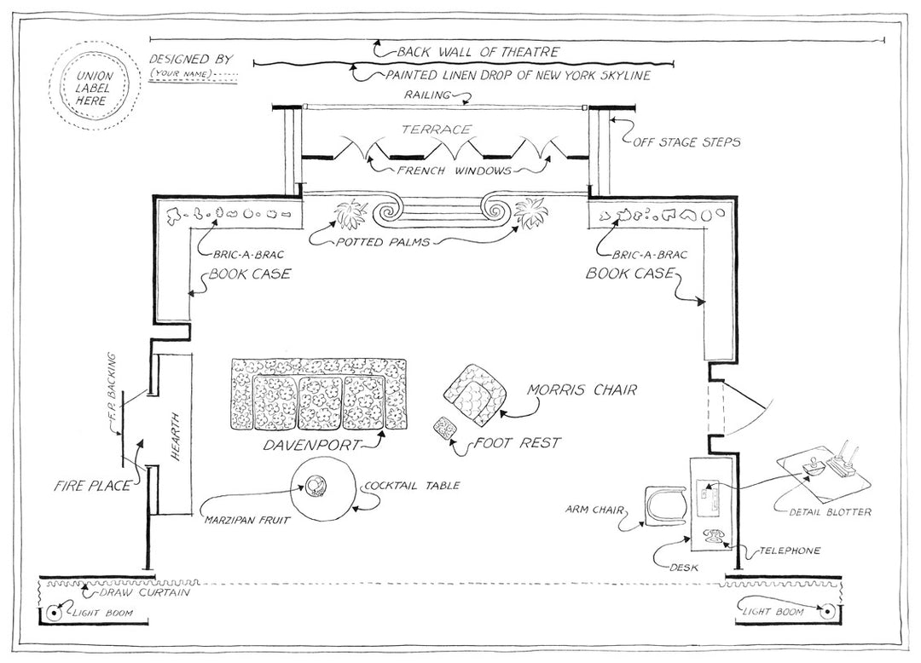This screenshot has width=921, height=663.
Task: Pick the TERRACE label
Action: coord(437,130)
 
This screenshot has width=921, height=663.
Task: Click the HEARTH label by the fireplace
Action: coord(177,443)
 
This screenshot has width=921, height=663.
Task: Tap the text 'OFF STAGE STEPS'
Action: coord(686,141)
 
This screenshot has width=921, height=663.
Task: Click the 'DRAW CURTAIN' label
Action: coord(143,592)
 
